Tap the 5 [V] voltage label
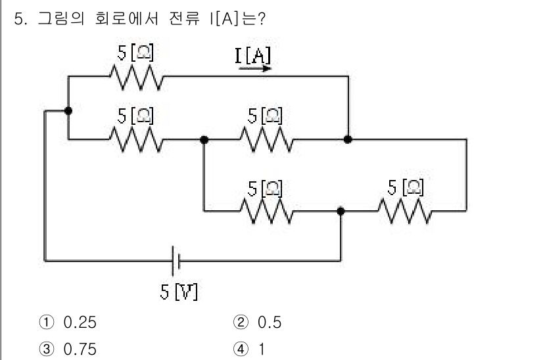[x=179, y=290]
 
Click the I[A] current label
[x=252, y=56]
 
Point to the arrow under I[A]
[x=255, y=68]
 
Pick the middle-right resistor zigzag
[x=266, y=139]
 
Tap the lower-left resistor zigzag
[x=266, y=211]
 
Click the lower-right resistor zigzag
[x=404, y=211]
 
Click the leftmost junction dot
[x=68, y=111]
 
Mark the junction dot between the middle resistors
[x=204, y=139]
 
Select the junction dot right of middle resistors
[x=348, y=139]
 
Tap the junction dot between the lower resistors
[x=341, y=211]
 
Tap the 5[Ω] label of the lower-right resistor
[x=404, y=187]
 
